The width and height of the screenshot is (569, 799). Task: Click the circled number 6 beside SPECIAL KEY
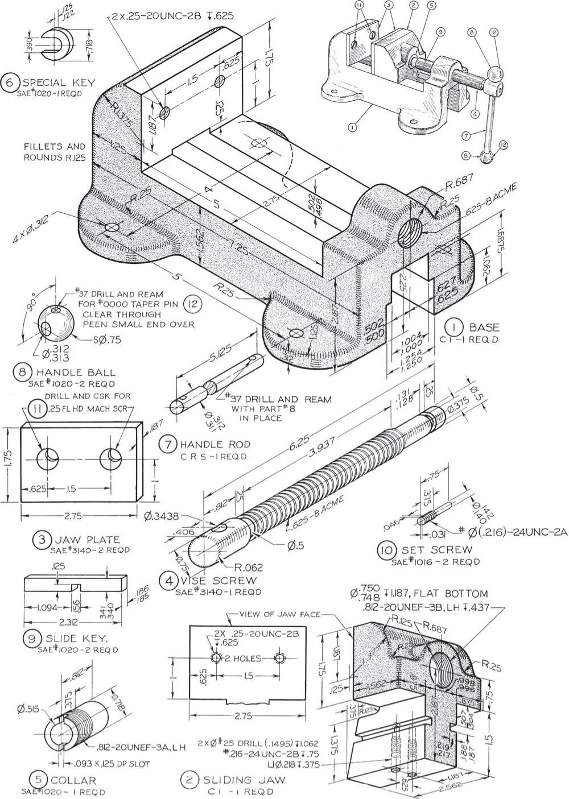[x=10, y=82]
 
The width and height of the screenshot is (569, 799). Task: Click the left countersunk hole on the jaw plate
[x=45, y=459]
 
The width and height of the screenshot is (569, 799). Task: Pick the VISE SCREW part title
[x=219, y=581]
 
